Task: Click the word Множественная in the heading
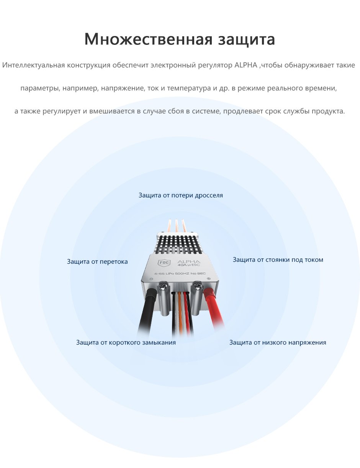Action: [148, 39]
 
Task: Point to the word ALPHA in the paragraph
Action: [246, 65]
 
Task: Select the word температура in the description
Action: [189, 88]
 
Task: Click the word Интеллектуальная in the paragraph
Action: [34, 65]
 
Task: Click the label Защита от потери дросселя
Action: [181, 195]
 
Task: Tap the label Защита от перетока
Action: [97, 261]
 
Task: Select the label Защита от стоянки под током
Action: [278, 260]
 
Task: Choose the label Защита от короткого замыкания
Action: [126, 342]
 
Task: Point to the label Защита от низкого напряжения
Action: [278, 342]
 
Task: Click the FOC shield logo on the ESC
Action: [165, 263]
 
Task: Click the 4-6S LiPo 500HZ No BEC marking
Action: [180, 274]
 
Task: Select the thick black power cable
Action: [146, 314]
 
